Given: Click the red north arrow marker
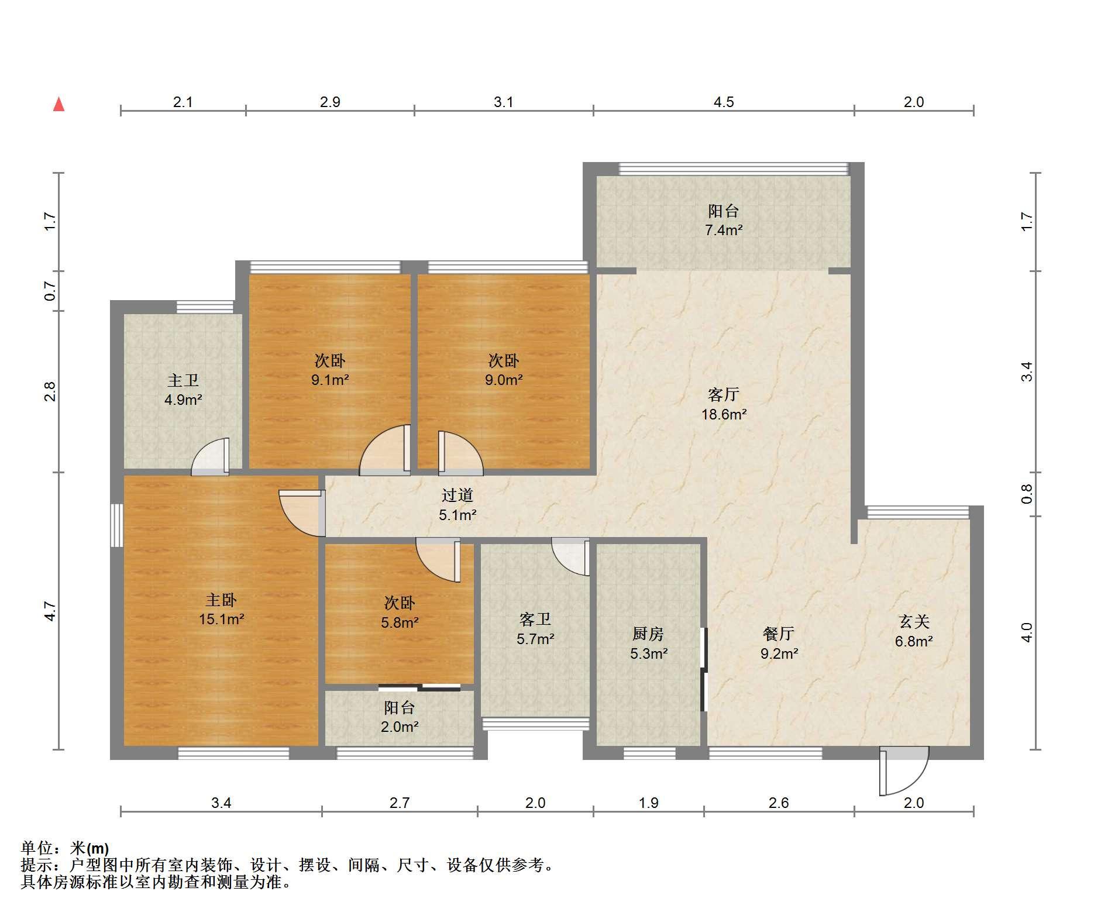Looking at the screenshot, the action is coord(59,104).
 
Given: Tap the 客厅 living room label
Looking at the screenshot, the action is coord(724,395).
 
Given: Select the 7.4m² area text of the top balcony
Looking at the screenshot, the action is coord(724,230).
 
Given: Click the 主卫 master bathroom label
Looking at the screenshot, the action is coord(183,381).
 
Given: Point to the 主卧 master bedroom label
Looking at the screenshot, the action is coord(221,600).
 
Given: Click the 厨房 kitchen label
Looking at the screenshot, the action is coord(648,634).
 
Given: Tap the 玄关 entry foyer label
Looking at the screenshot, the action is coord(914,621).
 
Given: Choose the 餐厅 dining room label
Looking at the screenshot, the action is coord(779,634).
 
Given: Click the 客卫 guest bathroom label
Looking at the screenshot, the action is coord(535,620).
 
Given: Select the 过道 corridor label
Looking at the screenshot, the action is coord(457,496).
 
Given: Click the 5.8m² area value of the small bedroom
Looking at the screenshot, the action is coord(400,622).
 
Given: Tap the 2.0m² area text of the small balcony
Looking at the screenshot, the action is coord(400,727).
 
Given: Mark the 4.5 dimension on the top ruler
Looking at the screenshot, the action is coord(724,102).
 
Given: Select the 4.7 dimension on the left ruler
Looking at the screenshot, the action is coord(50,611).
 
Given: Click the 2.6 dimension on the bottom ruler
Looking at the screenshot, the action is coord(779,803).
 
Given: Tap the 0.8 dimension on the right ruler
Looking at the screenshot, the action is coord(1027,494).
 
